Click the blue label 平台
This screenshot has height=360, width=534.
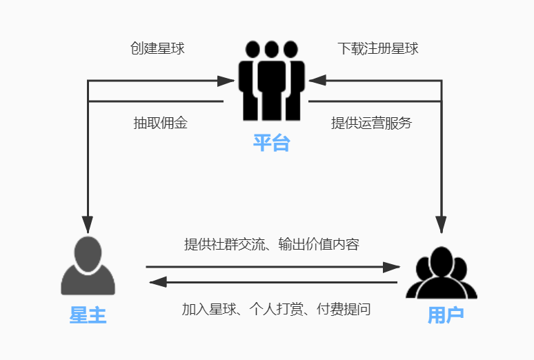point(271,143)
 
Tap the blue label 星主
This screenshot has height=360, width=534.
point(88,315)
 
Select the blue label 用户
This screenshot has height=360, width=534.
point(445,315)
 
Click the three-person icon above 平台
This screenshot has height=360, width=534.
point(271,81)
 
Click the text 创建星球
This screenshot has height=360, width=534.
point(157,48)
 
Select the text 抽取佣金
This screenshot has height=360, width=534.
point(160,123)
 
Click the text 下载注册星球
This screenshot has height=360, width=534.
point(378,48)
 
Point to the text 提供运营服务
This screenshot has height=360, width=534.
point(371,123)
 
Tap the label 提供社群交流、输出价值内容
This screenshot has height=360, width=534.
point(271,244)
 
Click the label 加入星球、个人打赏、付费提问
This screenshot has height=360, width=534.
point(276,309)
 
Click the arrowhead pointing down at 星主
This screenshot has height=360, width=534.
point(88,223)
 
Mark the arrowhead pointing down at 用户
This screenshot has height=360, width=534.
point(442,223)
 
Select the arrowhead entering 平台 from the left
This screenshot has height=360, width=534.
point(226,81)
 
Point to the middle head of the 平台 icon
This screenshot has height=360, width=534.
point(271,50)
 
